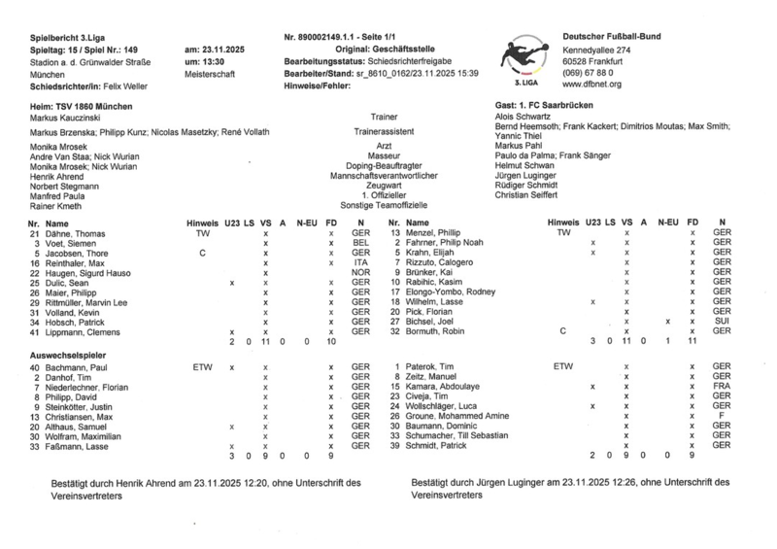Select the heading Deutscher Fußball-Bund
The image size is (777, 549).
point(613,36)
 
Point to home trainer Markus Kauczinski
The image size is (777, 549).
point(68,118)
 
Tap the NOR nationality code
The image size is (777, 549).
point(360,273)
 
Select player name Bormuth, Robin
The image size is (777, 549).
point(439,331)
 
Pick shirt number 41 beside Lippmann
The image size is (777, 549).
point(35,331)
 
